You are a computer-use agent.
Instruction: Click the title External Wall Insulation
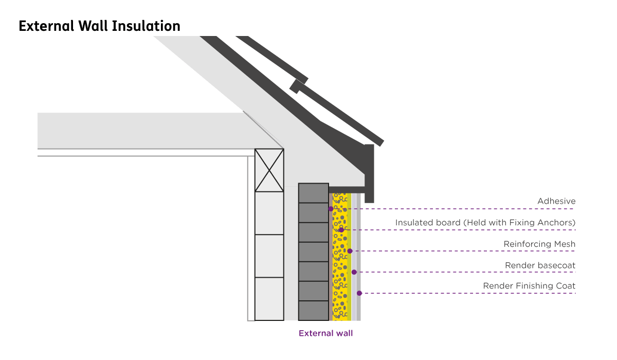coord(99,26)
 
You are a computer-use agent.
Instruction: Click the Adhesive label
coord(556,201)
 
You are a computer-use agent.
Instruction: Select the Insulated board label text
coord(485,223)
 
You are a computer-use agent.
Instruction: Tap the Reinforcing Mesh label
coord(539,244)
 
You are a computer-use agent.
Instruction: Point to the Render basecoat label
coord(540,265)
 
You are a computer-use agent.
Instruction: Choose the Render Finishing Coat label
coord(529,286)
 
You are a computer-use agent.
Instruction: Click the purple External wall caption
coord(326,333)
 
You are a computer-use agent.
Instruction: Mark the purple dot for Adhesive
coord(331,209)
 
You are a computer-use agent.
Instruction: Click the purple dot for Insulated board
coord(341,230)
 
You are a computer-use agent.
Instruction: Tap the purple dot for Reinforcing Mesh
coord(350,251)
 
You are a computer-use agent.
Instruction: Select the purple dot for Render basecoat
coord(354,272)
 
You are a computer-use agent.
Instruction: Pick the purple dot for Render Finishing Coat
coord(359,293)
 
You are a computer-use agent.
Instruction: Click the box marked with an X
coord(269,170)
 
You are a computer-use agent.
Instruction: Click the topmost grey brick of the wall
coord(313,193)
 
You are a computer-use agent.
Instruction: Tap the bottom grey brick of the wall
coord(313,310)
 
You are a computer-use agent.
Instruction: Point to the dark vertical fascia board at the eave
coord(369,173)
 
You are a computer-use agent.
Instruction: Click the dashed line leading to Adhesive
coord(463,209)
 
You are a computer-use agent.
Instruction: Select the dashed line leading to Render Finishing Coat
coord(468,293)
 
